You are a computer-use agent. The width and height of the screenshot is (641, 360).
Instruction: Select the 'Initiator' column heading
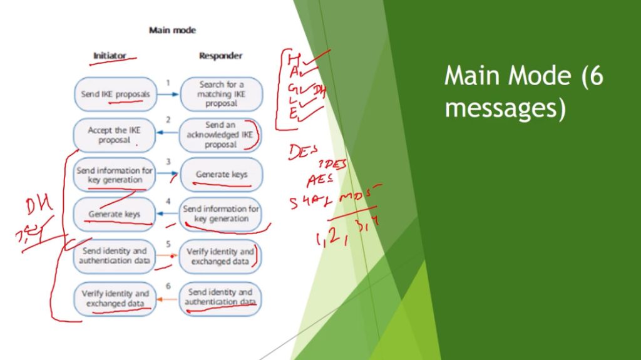(110, 56)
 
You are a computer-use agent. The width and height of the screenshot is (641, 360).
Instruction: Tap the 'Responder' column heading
(220, 56)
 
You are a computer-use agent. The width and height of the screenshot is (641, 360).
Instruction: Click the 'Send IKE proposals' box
(115, 94)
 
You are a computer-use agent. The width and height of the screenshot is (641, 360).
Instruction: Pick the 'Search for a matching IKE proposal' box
(222, 94)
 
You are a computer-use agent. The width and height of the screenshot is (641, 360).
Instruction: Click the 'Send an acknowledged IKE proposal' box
(220, 135)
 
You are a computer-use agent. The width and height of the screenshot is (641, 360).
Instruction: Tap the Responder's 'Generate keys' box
(221, 175)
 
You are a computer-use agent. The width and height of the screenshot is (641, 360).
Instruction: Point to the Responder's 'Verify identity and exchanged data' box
(220, 256)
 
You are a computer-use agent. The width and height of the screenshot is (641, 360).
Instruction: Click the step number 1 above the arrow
(168, 83)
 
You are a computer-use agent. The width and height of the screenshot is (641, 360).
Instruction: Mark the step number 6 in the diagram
(168, 286)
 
